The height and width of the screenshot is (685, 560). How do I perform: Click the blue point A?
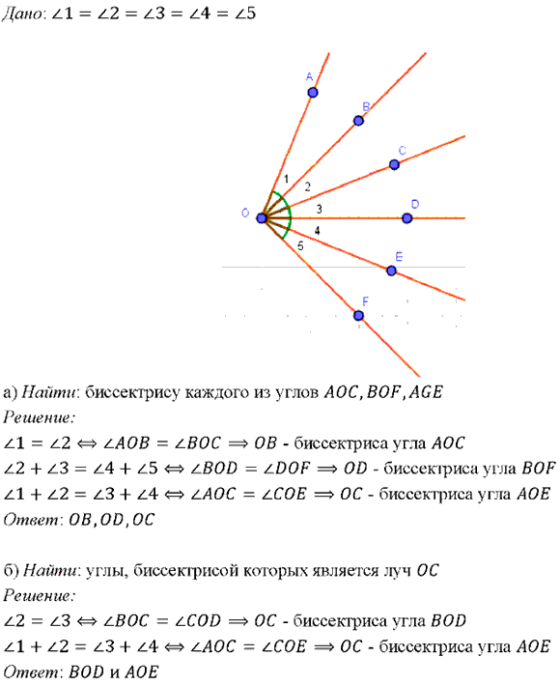(313, 93)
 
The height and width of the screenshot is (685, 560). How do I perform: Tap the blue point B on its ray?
(358, 121)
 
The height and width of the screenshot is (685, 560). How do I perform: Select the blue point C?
(394, 164)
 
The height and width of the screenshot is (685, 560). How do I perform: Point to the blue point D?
(406, 218)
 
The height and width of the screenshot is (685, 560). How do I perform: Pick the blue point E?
(392, 271)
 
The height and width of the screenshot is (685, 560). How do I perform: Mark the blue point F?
(358, 315)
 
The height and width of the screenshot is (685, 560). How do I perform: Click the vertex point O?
(262, 218)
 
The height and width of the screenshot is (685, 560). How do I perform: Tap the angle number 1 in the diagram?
(287, 179)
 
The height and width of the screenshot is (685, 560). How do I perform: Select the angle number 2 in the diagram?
(308, 187)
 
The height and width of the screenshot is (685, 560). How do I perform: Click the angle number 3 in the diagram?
(319, 209)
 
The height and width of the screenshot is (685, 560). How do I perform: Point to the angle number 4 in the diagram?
(317, 231)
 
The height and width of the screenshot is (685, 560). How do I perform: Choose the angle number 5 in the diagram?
(300, 246)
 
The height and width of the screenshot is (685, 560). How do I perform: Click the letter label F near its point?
(365, 301)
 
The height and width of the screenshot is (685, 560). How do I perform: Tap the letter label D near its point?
(415, 204)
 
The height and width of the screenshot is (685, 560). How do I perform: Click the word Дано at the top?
(22, 14)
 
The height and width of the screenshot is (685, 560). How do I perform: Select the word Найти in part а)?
(48, 392)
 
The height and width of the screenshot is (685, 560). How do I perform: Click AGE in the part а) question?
(426, 392)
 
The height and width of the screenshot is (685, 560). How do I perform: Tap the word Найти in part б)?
(50, 571)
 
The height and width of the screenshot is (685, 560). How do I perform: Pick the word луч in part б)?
(397, 571)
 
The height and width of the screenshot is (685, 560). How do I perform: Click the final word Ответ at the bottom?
(30, 671)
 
